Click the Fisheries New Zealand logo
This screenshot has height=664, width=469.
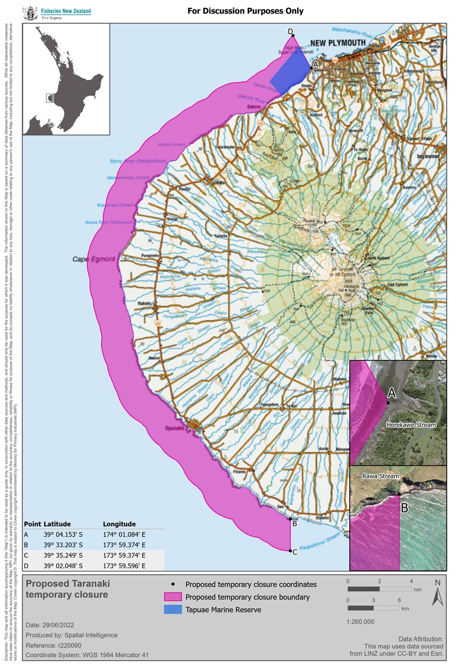point(57,13)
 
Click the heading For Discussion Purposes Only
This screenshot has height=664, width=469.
point(245,11)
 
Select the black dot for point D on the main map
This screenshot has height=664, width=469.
point(293,35)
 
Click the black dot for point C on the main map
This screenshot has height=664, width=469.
point(290,550)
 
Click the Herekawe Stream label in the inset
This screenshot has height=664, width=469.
point(411,425)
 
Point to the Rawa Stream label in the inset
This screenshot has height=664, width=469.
point(381,476)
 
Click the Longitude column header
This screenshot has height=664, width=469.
point(119,524)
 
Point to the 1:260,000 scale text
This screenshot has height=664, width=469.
point(361,621)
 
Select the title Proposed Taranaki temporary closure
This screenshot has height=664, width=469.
point(68,589)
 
